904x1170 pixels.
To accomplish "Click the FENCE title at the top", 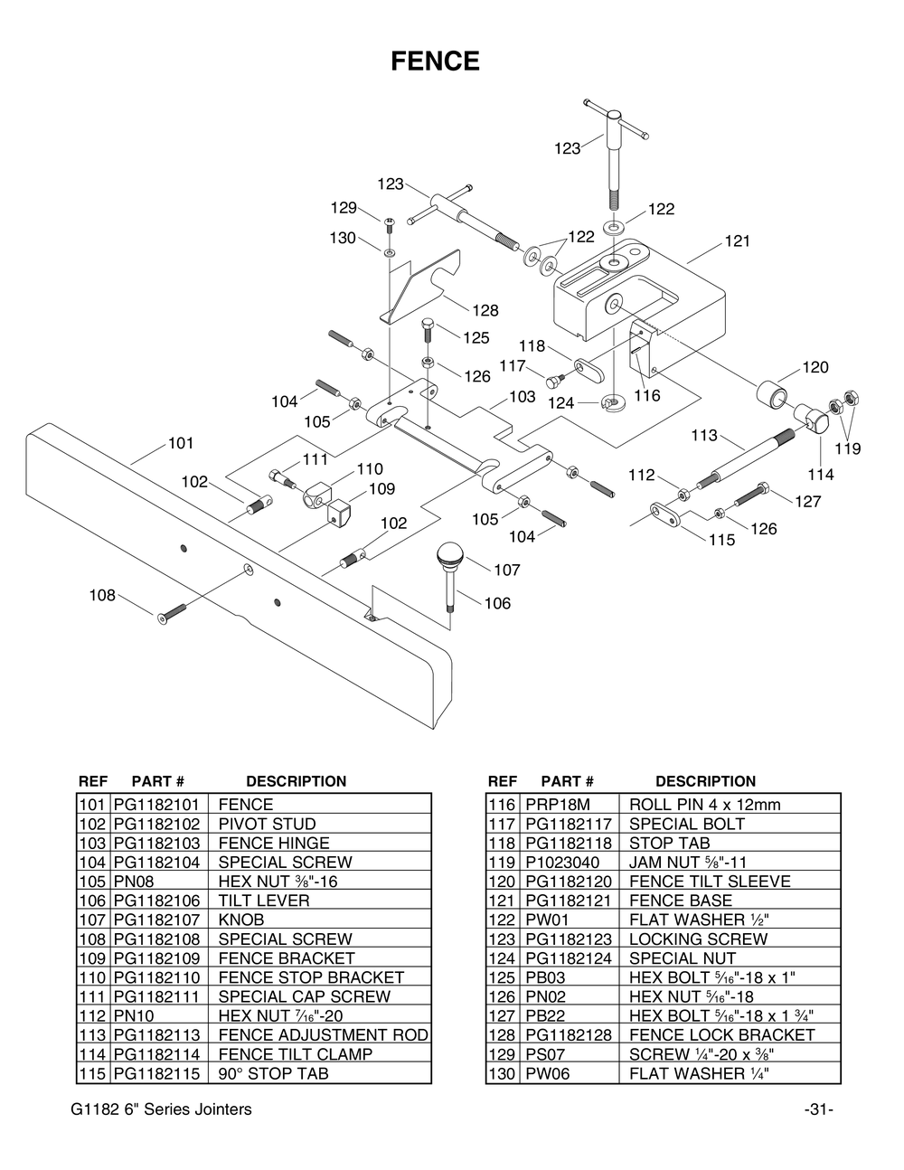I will tap(435, 61).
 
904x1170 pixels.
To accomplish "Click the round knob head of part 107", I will tap(450, 552).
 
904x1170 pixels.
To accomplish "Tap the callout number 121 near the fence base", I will tap(737, 241).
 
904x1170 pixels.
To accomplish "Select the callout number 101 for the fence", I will tap(181, 443).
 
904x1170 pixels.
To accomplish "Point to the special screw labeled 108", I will tap(170, 612).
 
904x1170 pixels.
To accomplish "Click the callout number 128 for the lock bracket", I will tap(485, 311).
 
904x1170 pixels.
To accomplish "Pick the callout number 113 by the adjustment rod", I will tap(704, 436).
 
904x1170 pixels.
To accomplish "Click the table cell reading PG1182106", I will tap(156, 901).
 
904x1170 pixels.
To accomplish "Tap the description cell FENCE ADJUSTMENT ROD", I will tap(323, 1035).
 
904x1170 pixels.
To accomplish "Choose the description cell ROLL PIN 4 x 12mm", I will tap(704, 805).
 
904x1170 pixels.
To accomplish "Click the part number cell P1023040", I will tap(558, 863).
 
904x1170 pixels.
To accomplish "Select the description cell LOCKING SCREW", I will tap(698, 939).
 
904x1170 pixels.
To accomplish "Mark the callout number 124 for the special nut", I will tap(561, 403).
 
